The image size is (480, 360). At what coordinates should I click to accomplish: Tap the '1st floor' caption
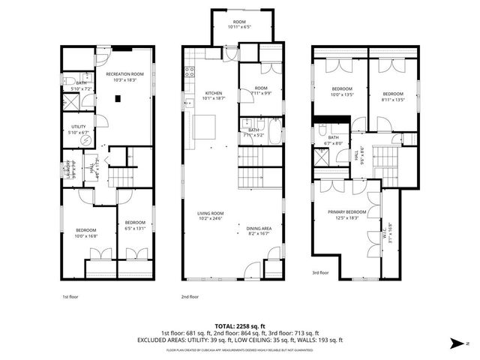click(x=70, y=296)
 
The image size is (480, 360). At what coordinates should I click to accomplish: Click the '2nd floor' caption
click(x=189, y=296)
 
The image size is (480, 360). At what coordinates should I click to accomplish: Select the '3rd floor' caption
click(x=320, y=273)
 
